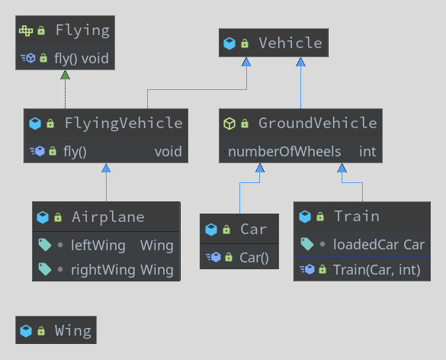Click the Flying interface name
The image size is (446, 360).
pos(82,31)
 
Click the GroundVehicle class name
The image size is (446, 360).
pos(317,123)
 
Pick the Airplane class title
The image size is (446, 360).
pos(107,217)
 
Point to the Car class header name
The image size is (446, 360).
pos(253,230)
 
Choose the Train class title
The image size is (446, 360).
pos(356,217)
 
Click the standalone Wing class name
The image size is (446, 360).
pos(72,331)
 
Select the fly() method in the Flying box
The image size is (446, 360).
pos(72,57)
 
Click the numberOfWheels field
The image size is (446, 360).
pos(284,151)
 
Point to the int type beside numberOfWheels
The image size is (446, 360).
pos(367,151)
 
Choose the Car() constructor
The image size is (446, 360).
pos(254,257)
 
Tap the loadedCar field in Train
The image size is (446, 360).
pos(366,245)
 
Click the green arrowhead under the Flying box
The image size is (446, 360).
pos(66,75)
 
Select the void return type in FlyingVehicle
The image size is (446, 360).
pos(168,151)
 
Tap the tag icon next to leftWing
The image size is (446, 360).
pos(44,246)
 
